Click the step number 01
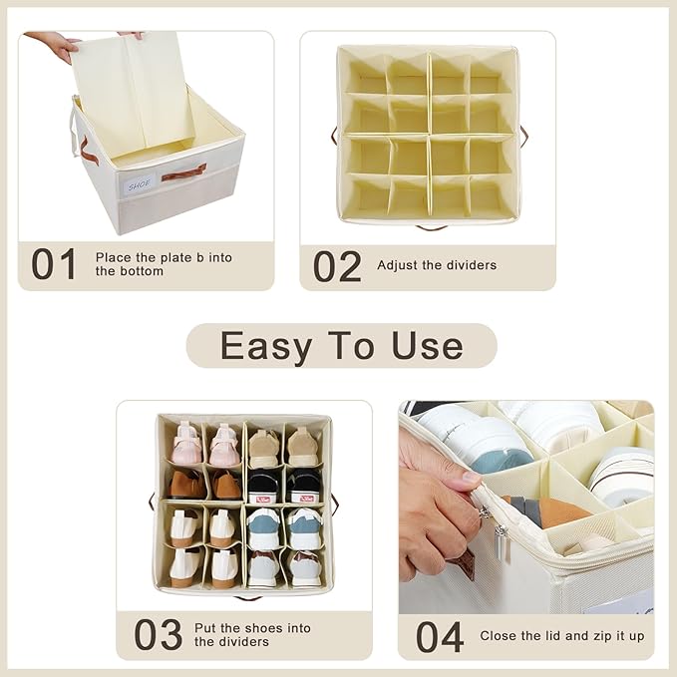tap(54, 264)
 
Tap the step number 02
tap(337, 266)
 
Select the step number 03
tap(158, 634)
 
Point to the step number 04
tap(440, 637)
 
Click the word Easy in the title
tap(266, 346)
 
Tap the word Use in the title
tap(428, 345)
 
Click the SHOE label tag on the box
tap(139, 184)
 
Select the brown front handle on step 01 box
tap(183, 172)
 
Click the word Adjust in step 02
tap(397, 265)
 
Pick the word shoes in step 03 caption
tap(263, 628)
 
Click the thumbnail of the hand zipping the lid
tap(525, 508)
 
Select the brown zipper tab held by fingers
tap(465, 564)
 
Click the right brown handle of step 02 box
tap(523, 136)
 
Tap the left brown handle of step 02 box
tap(334, 136)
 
